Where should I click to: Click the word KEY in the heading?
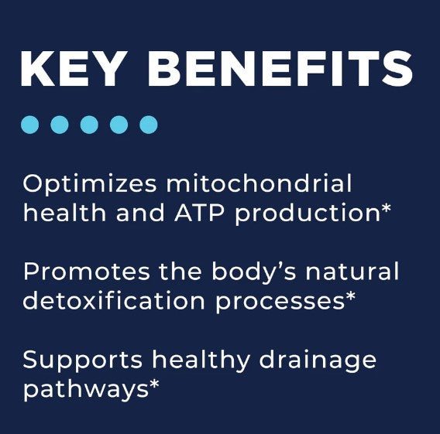click(x=72, y=69)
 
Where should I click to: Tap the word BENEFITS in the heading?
click(x=280, y=69)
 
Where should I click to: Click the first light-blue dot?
click(x=29, y=125)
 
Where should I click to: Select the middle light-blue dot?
click(x=89, y=125)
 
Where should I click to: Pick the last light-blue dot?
click(x=149, y=125)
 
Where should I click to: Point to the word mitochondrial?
click(x=259, y=183)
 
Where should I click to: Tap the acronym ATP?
click(x=199, y=213)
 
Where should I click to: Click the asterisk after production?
click(x=386, y=208)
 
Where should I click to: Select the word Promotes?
click(x=87, y=272)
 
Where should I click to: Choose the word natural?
click(x=352, y=271)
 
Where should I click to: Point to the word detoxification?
click(x=114, y=300)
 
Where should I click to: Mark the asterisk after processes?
click(x=350, y=296)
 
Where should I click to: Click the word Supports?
click(x=82, y=362)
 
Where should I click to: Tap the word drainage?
click(x=318, y=362)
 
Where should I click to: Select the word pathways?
click(x=85, y=390)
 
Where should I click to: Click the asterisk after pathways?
click(x=154, y=384)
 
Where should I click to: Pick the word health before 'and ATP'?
click(x=64, y=212)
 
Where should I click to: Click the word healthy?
click(x=201, y=362)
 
